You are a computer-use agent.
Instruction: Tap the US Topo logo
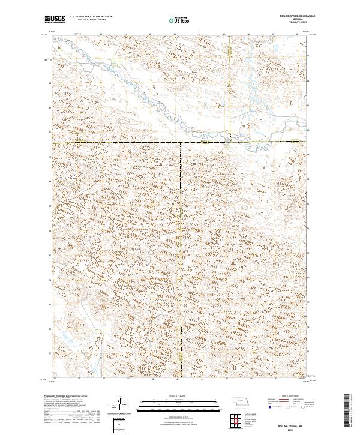pyautogui.click(x=179, y=20)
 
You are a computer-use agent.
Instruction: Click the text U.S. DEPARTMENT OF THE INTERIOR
pyautogui.click(x=91, y=17)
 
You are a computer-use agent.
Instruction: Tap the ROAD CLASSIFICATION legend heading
pyautogui.click(x=290, y=397)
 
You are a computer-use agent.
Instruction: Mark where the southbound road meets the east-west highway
pyautogui.click(x=181, y=143)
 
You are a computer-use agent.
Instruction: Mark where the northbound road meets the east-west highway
pyautogui.click(x=230, y=142)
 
